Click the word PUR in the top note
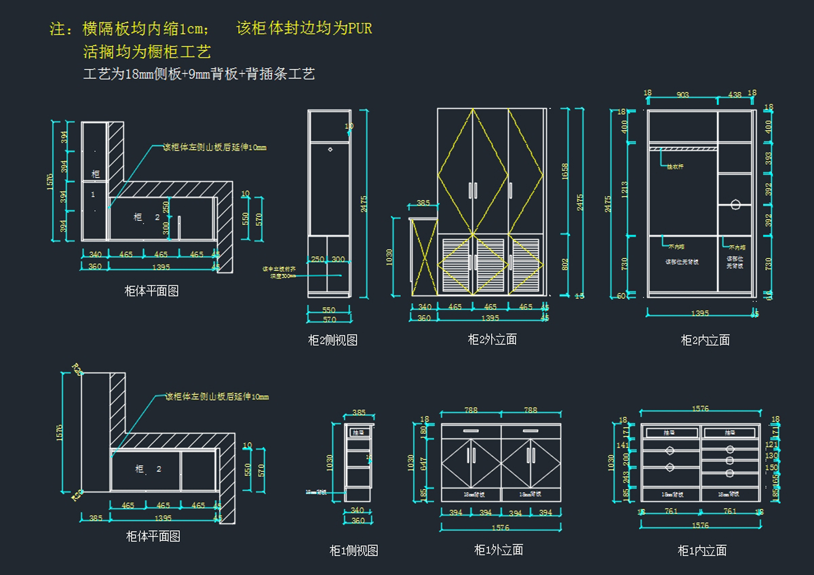tap(360, 28)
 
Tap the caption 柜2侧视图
tap(332, 340)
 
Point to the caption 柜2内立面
tap(705, 340)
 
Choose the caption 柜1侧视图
tap(353, 551)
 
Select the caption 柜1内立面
tap(702, 551)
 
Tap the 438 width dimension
tap(734, 95)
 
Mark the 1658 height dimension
tap(565, 172)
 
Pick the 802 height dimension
tap(565, 264)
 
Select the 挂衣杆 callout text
tap(675, 166)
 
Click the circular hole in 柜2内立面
tap(735, 203)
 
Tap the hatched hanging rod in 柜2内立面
tap(682, 146)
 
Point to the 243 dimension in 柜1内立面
tap(626, 477)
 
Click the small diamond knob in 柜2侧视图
tap(330, 148)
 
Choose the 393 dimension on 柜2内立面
tap(769, 157)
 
